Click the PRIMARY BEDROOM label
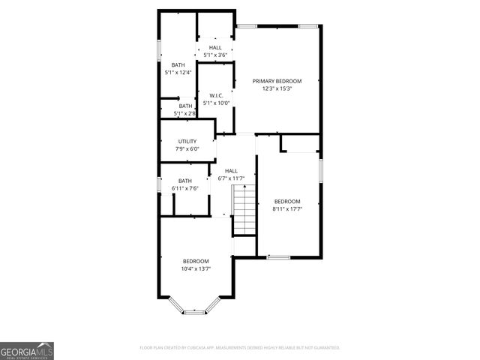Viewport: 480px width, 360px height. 277,81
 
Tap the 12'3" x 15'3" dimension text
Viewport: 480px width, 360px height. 277,88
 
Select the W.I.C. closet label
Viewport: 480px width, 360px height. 215,95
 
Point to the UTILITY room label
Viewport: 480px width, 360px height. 187,141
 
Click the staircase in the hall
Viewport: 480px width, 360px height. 244,211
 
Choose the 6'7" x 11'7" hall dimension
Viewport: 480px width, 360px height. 231,178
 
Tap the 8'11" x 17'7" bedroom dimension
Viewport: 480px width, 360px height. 286,208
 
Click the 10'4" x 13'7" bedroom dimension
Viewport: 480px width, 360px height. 196,268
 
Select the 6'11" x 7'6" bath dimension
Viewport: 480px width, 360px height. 184,187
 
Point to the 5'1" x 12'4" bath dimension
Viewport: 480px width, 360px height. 178,72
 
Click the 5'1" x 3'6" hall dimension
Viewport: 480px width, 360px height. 215,55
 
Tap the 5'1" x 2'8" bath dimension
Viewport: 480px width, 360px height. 184,113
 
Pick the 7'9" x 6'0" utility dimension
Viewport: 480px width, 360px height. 187,148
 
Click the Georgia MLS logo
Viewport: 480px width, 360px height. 27,350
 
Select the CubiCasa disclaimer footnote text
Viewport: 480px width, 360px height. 240,348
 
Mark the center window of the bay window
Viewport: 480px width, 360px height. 195,312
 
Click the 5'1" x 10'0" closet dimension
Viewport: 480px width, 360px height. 215,103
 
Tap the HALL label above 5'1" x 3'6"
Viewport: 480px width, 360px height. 215,48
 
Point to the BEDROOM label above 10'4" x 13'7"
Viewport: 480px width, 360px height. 196,261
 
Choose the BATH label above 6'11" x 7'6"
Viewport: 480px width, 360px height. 184,180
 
